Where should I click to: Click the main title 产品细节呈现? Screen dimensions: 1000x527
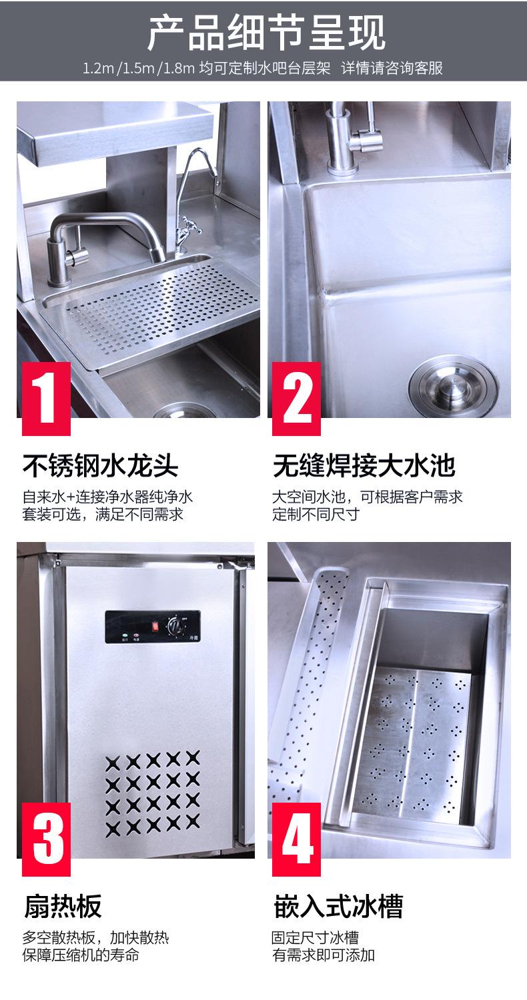[x=265, y=33]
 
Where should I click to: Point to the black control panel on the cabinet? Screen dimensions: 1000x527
[x=153, y=626]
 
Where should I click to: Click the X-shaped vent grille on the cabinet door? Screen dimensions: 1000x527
[x=153, y=793]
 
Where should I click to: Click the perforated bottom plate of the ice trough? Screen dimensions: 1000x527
[x=414, y=740]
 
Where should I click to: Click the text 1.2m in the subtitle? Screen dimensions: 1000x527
[x=98, y=69]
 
